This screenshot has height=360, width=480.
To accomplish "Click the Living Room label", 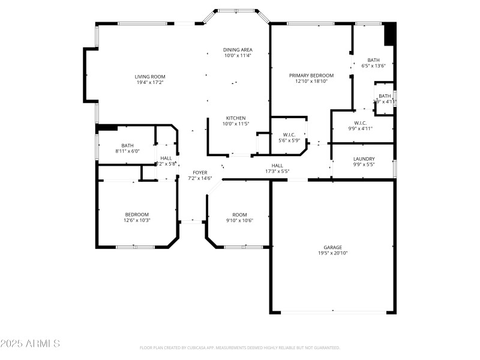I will coord(149,76).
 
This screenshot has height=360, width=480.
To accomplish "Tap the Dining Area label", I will coord(238,50).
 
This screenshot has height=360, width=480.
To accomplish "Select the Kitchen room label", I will coord(236,118).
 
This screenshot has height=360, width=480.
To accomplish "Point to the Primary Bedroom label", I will coord(311,76).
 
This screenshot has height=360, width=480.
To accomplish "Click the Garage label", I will coord(333,247).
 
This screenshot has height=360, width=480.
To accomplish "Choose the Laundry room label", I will coord(364,159).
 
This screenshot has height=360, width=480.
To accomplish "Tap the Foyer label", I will coord(200,172).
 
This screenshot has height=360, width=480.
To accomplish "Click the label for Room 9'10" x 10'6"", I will coord(239,215).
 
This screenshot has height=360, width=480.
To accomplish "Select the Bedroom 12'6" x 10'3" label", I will coord(137,215).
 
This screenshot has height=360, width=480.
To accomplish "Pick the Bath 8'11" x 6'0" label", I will coord(127,145).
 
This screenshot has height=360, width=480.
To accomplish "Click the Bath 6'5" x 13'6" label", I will coord(373,60).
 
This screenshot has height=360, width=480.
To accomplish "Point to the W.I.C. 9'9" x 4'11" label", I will coord(361,123).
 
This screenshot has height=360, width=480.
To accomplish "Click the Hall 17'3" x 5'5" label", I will coord(277,166).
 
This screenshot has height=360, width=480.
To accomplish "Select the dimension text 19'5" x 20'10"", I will coord(333,253).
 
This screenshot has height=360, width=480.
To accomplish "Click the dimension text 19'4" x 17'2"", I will coord(149,82).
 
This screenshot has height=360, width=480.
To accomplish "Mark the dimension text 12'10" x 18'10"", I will coord(311,82).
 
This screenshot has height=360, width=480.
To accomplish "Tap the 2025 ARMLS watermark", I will coord(30,344).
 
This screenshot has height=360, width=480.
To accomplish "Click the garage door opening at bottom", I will coord(334,311).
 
